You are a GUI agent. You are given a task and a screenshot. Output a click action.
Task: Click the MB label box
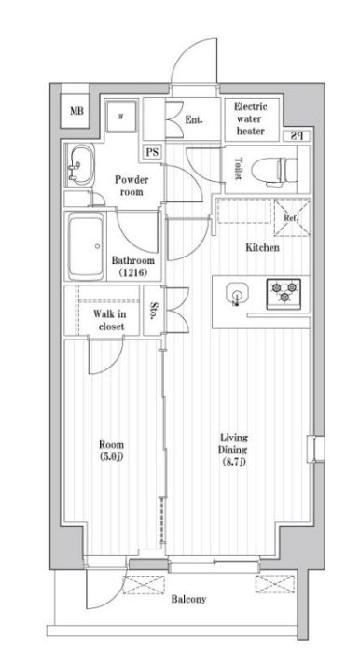coord(76,113)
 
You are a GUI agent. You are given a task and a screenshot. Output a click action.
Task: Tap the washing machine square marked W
coord(119,117)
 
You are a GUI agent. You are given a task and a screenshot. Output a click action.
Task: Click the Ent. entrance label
coord(194,119)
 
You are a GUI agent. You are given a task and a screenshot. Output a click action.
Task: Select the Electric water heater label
coord(250,118)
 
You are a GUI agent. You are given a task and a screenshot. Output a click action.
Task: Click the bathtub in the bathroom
coord(88,247)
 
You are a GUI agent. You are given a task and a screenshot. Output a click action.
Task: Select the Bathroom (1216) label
coord(134,267)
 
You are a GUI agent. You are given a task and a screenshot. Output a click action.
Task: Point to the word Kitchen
coord(262,248)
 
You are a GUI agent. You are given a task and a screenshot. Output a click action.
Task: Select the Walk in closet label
coord(109,321)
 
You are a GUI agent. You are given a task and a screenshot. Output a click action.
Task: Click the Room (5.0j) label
coord(110,451)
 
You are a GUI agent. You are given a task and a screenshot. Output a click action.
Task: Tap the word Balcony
coord(187,598)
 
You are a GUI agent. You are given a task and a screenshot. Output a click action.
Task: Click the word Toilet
coord(238,169)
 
